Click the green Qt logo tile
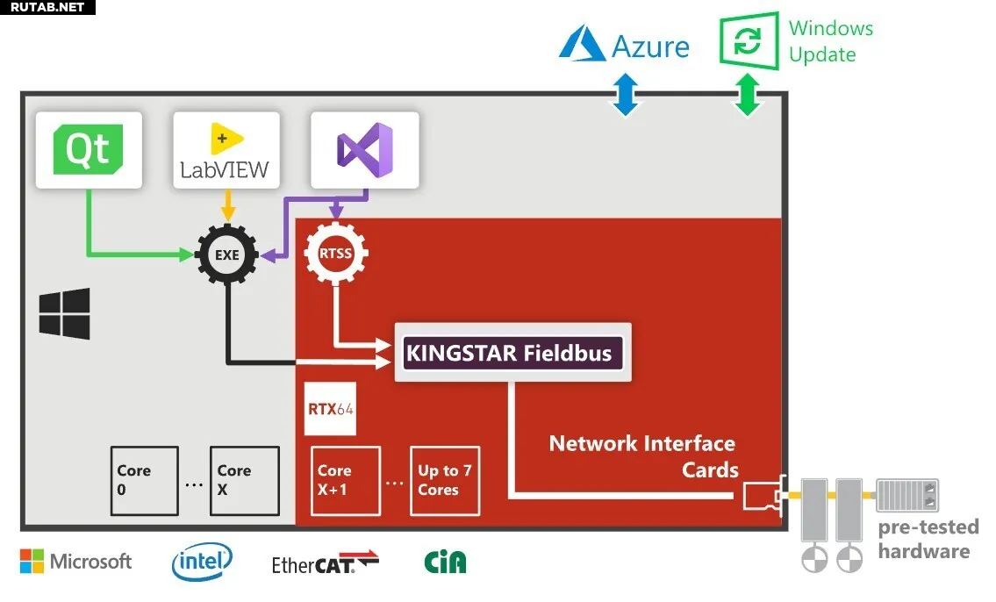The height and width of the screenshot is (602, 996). [89, 150]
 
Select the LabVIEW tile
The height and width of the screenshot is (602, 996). [226, 150]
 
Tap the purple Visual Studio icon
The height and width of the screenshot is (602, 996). [364, 150]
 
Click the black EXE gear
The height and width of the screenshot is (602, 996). [226, 254]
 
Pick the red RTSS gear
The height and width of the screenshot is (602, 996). [335, 254]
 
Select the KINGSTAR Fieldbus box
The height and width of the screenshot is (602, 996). [512, 353]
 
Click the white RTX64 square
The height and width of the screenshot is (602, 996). [330, 408]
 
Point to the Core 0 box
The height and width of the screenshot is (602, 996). [144, 481]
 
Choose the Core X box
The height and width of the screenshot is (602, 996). [245, 481]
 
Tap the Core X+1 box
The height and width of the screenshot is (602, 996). [346, 481]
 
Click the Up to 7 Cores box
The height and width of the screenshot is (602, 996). [445, 481]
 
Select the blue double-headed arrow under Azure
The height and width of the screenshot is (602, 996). [626, 95]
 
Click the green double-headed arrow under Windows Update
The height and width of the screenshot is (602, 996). [748, 95]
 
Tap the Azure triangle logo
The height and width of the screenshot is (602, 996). [582, 45]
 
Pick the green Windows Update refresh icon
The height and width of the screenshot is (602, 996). [749, 40]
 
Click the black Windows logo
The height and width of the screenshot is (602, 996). [64, 313]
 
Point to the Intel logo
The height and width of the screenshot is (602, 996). [202, 562]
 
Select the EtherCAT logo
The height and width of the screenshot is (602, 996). [326, 563]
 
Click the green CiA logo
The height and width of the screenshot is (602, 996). [445, 562]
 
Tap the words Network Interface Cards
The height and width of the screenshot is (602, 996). [643, 456]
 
